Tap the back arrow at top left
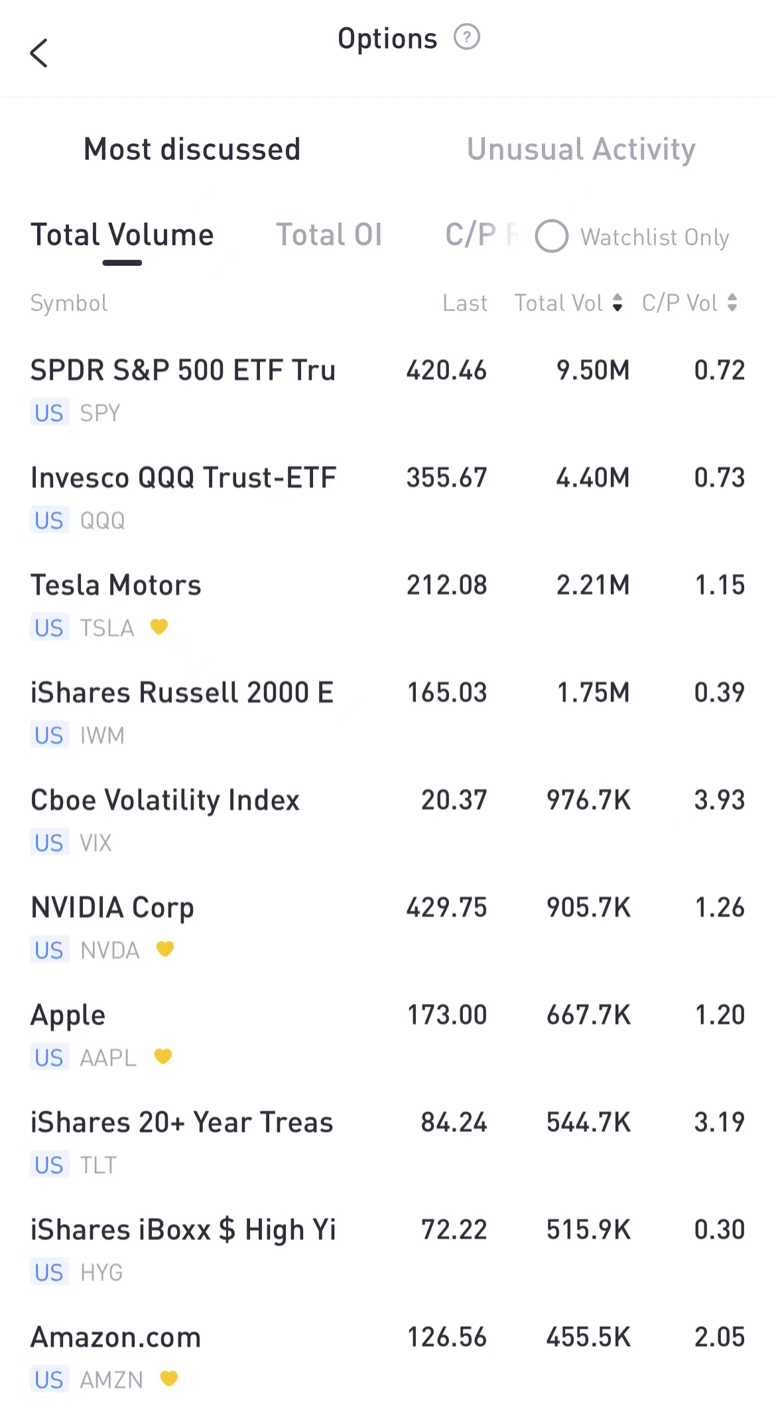[x=39, y=53]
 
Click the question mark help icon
[x=467, y=37]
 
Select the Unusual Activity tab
[x=581, y=149]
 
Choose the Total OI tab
[x=329, y=235]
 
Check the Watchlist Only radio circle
[x=552, y=237]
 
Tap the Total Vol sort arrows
[x=617, y=303]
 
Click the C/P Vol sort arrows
[x=732, y=303]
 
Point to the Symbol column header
[x=69, y=303]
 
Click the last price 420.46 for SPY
[x=446, y=370]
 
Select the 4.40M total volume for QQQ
[x=593, y=478]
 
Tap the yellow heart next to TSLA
[x=159, y=626]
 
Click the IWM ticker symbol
[x=102, y=735]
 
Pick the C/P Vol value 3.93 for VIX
[x=720, y=800]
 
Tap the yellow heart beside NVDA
[x=165, y=949]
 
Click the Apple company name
[x=68, y=1015]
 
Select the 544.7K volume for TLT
[x=588, y=1123]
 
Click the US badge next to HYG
[x=49, y=1272]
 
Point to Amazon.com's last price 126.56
[x=446, y=1337]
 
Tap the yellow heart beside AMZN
[x=169, y=1379]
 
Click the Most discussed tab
[x=192, y=149]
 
